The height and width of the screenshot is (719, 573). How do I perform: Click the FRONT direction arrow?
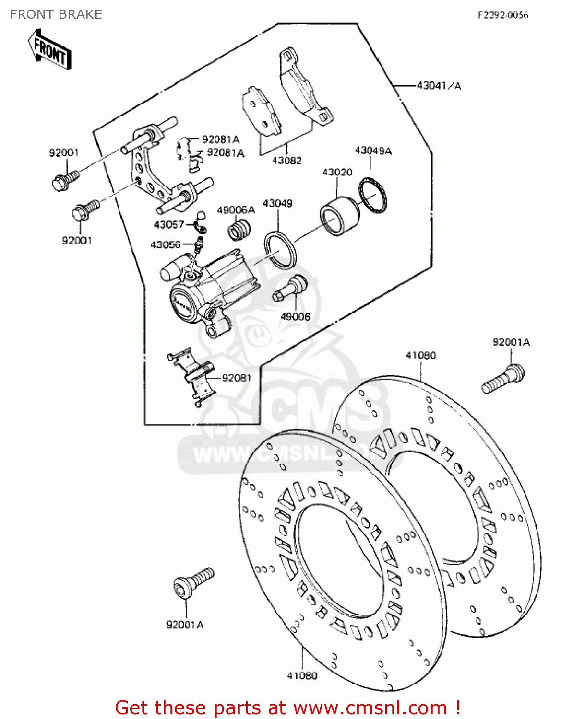50,50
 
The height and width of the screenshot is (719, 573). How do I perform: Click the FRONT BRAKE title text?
56,14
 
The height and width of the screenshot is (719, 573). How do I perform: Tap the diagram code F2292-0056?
502,15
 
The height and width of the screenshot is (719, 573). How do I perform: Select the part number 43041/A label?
439,86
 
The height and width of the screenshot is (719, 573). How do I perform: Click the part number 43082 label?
286,160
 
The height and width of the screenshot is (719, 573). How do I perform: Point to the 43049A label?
373,151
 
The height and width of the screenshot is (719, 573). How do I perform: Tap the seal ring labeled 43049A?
373,195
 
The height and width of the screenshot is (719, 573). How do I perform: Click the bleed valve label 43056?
166,244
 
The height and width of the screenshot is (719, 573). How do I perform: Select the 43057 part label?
168,224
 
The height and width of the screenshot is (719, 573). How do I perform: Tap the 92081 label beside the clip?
237,378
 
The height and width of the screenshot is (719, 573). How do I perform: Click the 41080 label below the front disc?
302,675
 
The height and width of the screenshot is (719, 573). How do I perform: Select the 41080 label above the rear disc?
420,355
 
